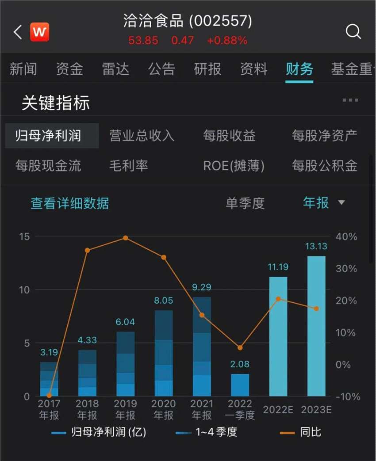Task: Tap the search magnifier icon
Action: [x=353, y=32]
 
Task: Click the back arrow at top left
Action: [x=18, y=32]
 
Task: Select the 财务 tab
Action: [x=299, y=69]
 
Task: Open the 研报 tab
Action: [x=207, y=69]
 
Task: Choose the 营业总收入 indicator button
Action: [x=142, y=136]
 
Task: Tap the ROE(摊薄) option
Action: [x=234, y=166]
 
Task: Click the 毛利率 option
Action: [x=128, y=166]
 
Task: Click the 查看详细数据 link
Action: [x=69, y=203]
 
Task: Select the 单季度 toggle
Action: [x=245, y=203]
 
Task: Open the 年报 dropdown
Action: [x=323, y=203]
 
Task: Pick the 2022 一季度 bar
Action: [x=240, y=385]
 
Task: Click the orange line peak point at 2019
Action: [x=126, y=238]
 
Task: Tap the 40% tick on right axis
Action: [x=346, y=236]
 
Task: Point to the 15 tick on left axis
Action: [x=25, y=236]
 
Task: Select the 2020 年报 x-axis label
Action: [x=164, y=409]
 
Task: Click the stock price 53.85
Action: [x=143, y=41]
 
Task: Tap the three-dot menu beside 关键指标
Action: [x=350, y=100]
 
